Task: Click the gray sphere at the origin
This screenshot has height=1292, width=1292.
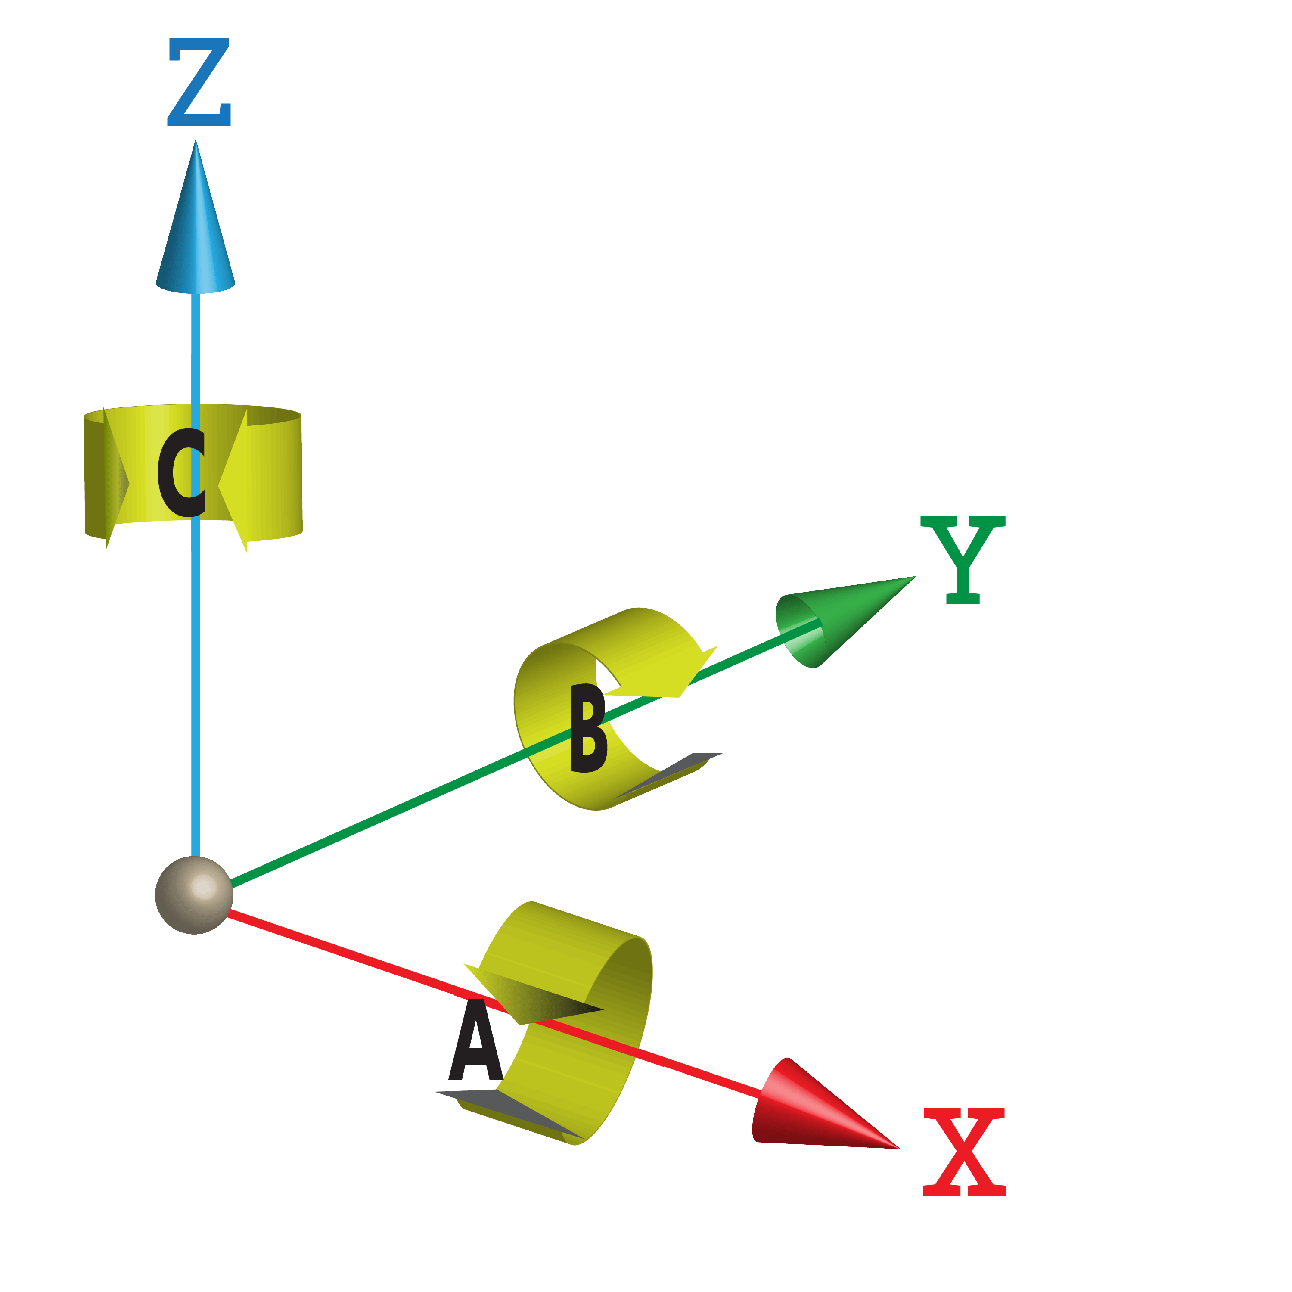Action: click(194, 895)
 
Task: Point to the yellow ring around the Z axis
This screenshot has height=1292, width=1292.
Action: click(274, 475)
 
